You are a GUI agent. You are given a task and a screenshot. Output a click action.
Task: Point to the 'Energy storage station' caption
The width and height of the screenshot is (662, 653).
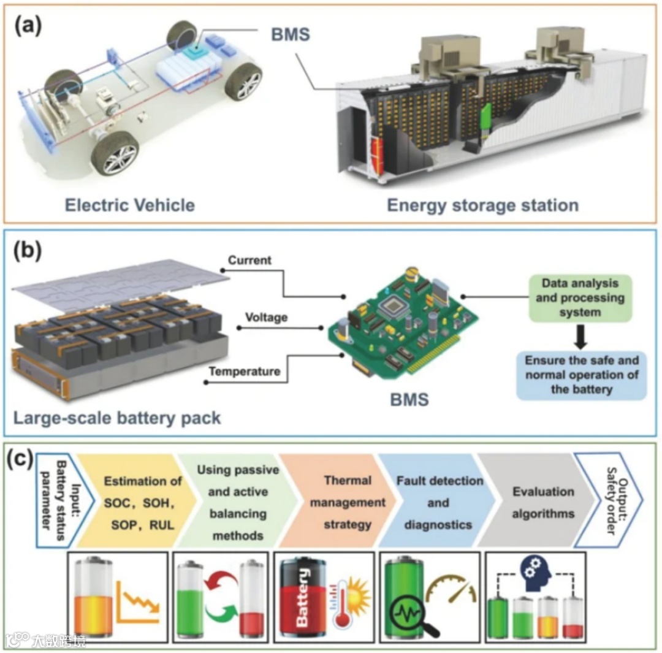click(482, 205)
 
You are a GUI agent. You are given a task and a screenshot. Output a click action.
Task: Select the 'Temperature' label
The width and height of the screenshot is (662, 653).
click(245, 372)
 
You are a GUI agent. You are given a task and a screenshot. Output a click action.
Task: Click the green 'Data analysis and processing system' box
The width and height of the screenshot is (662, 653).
click(580, 299)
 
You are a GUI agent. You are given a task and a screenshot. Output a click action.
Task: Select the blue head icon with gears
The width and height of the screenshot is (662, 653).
click(536, 572)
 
